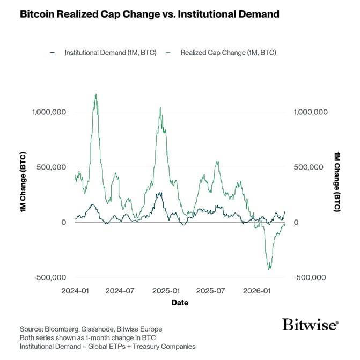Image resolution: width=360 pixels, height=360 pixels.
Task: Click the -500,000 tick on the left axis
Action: [x=49, y=277]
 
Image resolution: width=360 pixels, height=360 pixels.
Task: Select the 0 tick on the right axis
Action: [x=298, y=222]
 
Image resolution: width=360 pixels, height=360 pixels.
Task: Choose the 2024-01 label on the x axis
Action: [x=75, y=291]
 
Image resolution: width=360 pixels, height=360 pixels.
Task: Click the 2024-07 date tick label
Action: [x=120, y=291]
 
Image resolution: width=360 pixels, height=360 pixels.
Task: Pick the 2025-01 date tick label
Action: [x=166, y=291]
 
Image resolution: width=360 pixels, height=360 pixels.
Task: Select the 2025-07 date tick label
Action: [x=210, y=291]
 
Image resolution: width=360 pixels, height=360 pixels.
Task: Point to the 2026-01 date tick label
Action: [x=256, y=291]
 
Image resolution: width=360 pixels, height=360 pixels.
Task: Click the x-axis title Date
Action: [x=180, y=303]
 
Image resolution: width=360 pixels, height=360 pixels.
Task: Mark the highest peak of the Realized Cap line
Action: [x=95, y=94]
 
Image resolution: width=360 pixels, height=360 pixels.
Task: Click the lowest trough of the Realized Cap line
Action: [x=269, y=269]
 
